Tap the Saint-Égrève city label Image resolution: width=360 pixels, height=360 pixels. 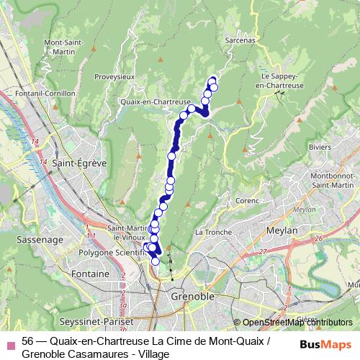point(80,163)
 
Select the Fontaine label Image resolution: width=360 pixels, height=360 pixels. point(90,274)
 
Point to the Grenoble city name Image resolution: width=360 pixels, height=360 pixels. point(192,297)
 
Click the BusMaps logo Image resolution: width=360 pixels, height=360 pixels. point(326,344)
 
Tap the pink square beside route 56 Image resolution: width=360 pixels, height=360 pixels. point(9,341)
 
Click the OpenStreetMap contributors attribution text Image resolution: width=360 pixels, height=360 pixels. point(297,322)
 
